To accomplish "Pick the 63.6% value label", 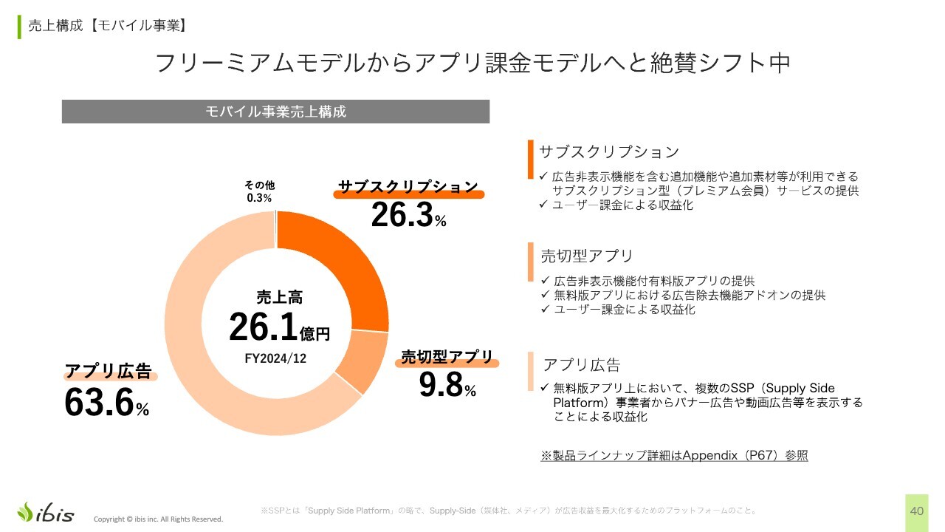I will (107, 403).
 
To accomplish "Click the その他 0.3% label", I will (259, 192).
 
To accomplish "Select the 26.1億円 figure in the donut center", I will (279, 327).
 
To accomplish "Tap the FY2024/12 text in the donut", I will (275, 358).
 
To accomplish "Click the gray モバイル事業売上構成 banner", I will (275, 112).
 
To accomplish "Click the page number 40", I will (917, 511).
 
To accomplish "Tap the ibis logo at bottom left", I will (46, 512).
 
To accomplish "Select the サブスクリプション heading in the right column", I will (609, 152).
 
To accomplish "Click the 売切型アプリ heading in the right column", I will (587, 256).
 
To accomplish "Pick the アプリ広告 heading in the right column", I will (582, 365).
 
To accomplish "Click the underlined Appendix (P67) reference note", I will (674, 455).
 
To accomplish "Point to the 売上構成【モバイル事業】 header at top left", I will (106, 26).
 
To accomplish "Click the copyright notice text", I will (158, 519).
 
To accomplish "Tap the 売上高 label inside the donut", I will (279, 298).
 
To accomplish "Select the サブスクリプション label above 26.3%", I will (408, 188).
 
